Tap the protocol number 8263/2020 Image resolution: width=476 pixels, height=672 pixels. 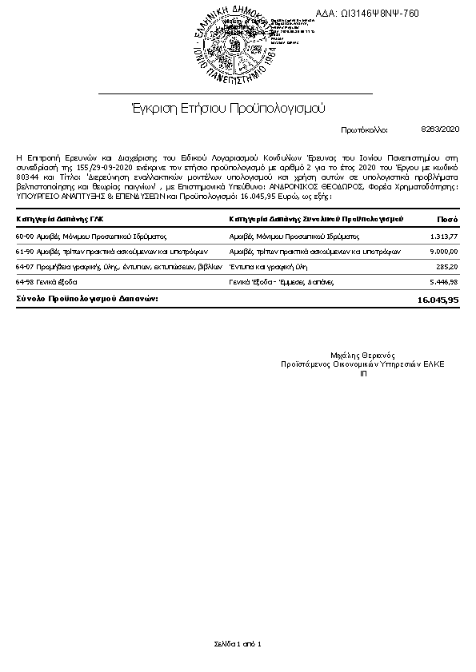click(x=440, y=129)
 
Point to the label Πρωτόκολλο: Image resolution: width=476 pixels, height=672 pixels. click(x=364, y=129)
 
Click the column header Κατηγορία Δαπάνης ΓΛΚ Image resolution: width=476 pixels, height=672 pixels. click(x=60, y=218)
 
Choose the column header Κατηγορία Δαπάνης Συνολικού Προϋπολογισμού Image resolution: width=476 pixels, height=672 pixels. click(x=315, y=218)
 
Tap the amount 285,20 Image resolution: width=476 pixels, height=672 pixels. click(x=446, y=267)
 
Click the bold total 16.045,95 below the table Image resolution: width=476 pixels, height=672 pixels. click(x=438, y=300)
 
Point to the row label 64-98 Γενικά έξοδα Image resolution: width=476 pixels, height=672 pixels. click(x=47, y=282)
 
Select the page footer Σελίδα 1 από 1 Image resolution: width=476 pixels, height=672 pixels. click(x=238, y=643)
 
